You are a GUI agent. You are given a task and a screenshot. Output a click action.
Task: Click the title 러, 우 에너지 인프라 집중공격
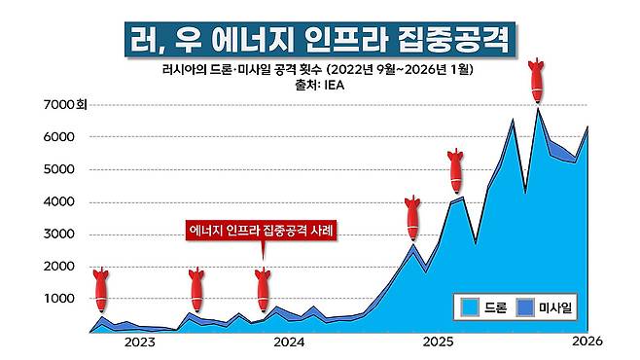coord(320,40)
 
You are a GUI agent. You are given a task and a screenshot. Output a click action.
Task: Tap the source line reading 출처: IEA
coord(320,85)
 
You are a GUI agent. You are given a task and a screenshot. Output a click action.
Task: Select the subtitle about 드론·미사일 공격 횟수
coord(320,69)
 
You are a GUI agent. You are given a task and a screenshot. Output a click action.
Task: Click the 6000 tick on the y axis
coord(61,137)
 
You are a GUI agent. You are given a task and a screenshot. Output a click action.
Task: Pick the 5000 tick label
coord(61,169)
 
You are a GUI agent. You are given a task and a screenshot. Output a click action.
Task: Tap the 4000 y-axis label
coord(61,202)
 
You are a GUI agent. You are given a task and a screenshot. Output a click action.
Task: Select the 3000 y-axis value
coord(61,234)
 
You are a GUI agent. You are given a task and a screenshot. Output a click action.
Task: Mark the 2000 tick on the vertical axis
coord(61,267)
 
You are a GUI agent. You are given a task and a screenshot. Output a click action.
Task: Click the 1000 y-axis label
coord(61,300)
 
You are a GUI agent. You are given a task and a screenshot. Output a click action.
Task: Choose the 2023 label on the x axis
coord(137,342)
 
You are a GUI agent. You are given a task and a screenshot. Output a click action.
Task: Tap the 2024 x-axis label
coord(288,342)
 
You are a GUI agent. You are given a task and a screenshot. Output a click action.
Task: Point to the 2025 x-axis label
coord(438,342)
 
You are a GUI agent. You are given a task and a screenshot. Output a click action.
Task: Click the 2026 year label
coord(588,342)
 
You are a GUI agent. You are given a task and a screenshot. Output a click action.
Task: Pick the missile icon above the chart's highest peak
coord(536,81)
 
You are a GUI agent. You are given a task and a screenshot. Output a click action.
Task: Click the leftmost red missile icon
coord(100,288)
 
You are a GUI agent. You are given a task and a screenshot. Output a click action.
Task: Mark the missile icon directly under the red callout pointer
coord(261,288)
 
